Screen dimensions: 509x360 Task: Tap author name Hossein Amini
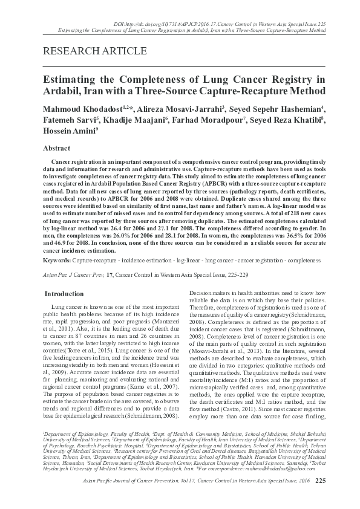pyautogui.click(x=68, y=131)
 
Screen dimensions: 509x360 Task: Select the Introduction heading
pyautogui.click(x=65, y=294)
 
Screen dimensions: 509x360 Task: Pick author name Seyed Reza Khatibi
pyautogui.click(x=287, y=120)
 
